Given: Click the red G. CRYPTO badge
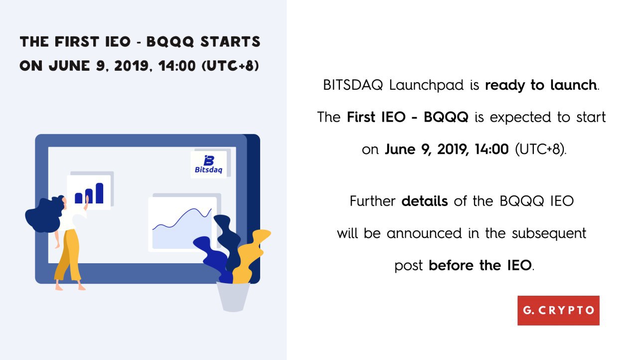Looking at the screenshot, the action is [558, 311].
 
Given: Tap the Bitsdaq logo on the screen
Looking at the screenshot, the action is [208, 165].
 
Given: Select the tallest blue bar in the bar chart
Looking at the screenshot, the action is [99, 193].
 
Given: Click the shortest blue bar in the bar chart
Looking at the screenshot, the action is [79, 198].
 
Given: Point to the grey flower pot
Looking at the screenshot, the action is [233, 297].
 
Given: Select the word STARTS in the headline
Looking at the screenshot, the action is [230, 41].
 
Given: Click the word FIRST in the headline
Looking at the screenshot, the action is [77, 41].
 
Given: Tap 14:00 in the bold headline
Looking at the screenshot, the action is [177, 66].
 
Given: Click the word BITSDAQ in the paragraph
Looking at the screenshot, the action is [353, 85].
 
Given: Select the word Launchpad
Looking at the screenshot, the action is [426, 85].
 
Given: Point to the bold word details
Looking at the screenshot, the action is [425, 201].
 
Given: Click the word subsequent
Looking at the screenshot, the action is [549, 233].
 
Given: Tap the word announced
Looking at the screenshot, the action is [424, 233].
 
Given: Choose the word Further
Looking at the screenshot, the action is [372, 201].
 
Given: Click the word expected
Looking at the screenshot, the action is [520, 118].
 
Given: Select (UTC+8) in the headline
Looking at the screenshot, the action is [230, 66].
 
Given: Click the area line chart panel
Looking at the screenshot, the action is [182, 224].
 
